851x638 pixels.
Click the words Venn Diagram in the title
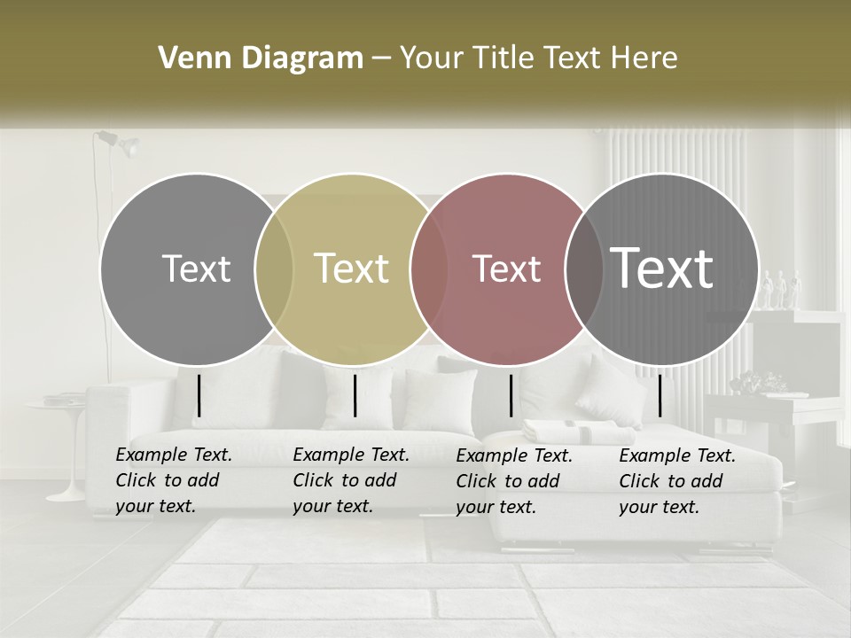pos(260,58)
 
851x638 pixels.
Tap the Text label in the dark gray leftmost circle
pos(196,268)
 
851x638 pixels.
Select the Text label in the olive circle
pos(351,268)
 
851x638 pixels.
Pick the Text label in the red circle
pos(506,268)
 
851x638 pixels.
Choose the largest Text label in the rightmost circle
pos(662,268)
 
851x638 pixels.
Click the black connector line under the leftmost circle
pos(199,395)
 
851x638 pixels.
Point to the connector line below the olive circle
pos(355,395)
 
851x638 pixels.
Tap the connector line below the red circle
pos(511,395)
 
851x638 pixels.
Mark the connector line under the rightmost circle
pos(660,395)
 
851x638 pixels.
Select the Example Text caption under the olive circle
pos(350,480)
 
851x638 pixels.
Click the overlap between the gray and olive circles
pos(274,268)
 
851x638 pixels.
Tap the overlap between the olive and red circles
pos(429,268)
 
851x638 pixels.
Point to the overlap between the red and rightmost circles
pos(584,268)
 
